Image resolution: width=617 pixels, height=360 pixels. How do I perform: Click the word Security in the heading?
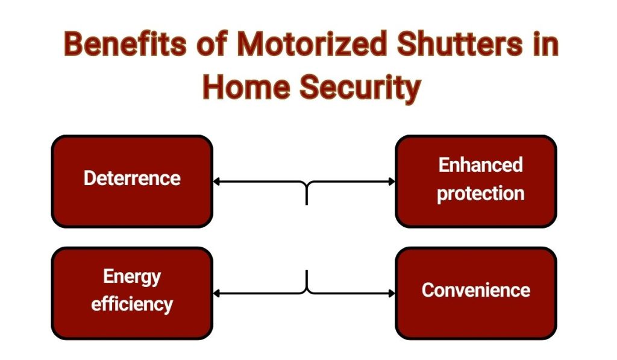pyautogui.click(x=360, y=88)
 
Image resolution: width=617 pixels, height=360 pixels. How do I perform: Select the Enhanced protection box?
pyautogui.click(x=476, y=181)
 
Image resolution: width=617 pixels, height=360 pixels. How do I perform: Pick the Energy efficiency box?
pyautogui.click(x=132, y=293)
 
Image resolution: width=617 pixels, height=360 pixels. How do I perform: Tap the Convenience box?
pyautogui.click(x=476, y=293)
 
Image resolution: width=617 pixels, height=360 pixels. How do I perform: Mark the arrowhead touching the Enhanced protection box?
pyautogui.click(x=392, y=181)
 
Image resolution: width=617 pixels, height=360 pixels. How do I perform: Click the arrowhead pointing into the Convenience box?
pyautogui.click(x=392, y=294)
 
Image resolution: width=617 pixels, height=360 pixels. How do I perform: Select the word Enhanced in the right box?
pyautogui.click(x=480, y=165)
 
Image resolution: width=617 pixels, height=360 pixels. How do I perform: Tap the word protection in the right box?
pyautogui.click(x=480, y=194)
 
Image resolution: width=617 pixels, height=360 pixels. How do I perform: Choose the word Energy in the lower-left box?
pyautogui.click(x=132, y=277)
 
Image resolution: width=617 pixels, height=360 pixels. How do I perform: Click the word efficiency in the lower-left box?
pyautogui.click(x=132, y=304)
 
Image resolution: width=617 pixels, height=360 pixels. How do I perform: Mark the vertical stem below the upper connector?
pyautogui.click(x=307, y=196)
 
